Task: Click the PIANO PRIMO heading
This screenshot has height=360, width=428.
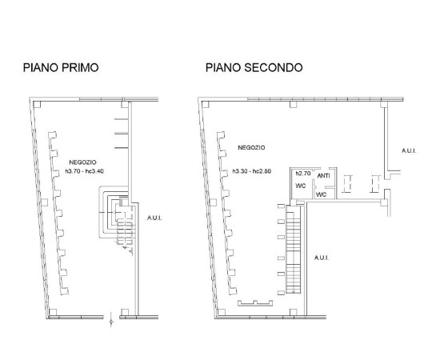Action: point(61,67)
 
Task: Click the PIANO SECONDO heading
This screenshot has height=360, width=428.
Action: point(254,67)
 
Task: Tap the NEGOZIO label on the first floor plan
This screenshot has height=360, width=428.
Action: point(82,162)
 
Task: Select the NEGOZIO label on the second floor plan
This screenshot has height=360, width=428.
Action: point(251,148)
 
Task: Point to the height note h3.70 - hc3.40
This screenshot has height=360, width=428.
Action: point(84,171)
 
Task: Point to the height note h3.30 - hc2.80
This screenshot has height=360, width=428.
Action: point(252,171)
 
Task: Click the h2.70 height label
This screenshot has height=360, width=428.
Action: point(303,174)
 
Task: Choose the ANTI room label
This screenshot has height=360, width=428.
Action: point(323,176)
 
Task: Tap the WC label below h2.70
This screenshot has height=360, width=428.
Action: point(301,186)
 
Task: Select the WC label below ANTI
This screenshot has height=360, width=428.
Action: point(321,194)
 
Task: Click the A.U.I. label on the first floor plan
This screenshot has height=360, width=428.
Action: point(154,218)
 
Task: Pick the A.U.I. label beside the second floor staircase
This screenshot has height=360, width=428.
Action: point(322,258)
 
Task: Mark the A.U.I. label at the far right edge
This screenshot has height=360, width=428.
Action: point(409,150)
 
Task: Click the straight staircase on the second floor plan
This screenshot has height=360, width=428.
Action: point(294,249)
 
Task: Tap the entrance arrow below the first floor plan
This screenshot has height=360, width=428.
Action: point(111,320)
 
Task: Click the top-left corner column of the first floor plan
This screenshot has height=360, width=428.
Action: point(37,104)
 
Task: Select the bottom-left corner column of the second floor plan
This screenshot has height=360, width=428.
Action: point(222,312)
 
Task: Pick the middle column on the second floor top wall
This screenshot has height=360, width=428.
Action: point(293,104)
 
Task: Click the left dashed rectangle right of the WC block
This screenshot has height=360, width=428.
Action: point(347,184)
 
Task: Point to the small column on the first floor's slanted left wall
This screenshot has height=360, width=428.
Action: point(45,202)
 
